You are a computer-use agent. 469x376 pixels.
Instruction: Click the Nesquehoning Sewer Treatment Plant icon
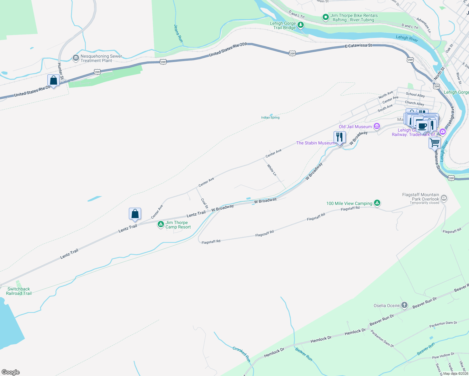click(x=76, y=58)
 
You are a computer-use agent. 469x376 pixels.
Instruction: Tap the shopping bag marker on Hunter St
click(x=54, y=81)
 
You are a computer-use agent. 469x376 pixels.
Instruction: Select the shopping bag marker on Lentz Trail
click(x=135, y=214)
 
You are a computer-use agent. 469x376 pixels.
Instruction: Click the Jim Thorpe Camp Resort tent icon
click(x=161, y=224)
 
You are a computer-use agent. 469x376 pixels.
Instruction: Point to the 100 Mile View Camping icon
click(x=377, y=203)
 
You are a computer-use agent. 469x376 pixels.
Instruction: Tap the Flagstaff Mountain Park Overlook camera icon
click(x=444, y=198)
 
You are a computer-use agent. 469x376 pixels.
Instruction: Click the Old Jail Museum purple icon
click(x=377, y=127)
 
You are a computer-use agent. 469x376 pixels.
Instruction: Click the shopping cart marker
click(x=435, y=143)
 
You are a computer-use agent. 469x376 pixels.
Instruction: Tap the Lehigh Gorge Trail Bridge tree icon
click(x=301, y=25)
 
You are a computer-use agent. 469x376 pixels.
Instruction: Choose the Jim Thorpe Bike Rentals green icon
click(x=325, y=17)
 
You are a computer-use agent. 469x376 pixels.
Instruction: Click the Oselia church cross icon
click(x=404, y=305)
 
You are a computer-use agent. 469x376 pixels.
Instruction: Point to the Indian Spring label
click(x=270, y=118)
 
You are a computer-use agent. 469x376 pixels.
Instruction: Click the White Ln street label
click(x=272, y=170)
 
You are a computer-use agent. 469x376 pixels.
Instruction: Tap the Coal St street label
click(x=204, y=203)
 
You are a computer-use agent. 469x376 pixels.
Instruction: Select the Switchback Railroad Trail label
click(x=19, y=291)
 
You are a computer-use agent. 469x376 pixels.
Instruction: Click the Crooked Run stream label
click(x=241, y=354)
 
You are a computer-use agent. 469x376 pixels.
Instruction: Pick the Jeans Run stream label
click(x=178, y=34)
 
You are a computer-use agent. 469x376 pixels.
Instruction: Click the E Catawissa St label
click(x=358, y=46)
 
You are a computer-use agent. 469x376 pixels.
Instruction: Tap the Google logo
click(x=11, y=372)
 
